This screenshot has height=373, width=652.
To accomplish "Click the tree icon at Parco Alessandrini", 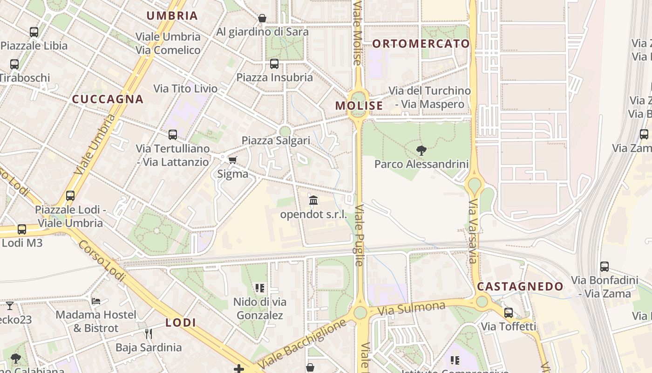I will (421, 150).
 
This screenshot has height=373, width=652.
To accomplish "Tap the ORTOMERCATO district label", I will (421, 44).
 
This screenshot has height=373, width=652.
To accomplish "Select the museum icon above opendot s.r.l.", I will (313, 201).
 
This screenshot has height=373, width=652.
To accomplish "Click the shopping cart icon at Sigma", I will (232, 160).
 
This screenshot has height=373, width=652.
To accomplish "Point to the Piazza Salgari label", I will (276, 140).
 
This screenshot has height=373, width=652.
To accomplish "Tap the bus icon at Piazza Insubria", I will (274, 64).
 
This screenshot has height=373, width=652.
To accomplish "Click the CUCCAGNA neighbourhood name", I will (108, 99).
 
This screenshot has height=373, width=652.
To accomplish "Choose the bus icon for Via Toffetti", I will (509, 313).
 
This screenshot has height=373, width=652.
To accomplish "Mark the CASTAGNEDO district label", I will (520, 286).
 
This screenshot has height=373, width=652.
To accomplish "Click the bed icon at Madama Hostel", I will (96, 301).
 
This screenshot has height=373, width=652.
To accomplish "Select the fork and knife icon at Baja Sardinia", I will (149, 333).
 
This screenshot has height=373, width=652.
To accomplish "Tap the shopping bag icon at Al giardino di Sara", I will (262, 19).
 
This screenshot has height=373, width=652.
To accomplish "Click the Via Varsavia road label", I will (473, 231).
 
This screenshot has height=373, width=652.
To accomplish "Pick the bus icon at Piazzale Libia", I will (34, 32).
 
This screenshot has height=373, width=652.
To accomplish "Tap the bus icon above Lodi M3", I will (22, 229).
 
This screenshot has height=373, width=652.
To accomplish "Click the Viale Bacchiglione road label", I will (302, 344).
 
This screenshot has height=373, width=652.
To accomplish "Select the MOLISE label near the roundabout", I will (359, 106).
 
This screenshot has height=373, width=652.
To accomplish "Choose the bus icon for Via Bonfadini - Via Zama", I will (604, 267).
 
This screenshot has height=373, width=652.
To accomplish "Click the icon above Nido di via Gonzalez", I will (259, 288).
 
